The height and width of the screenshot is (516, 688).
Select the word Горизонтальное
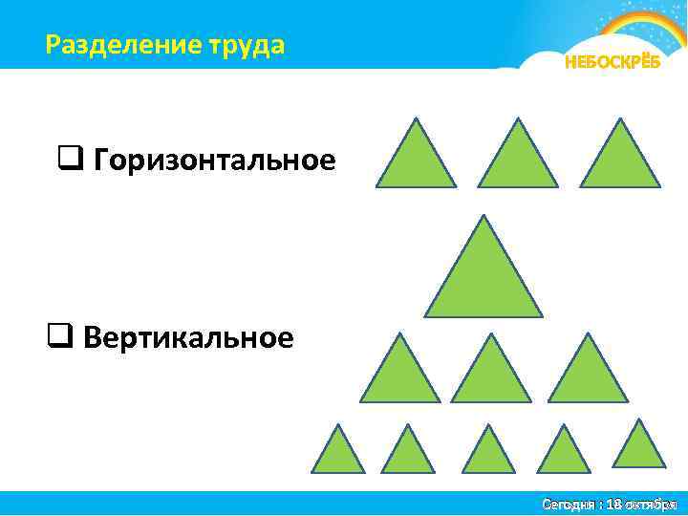click(x=214, y=161)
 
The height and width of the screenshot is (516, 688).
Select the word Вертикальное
click(x=188, y=337)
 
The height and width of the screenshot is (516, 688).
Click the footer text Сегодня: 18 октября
click(x=609, y=504)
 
